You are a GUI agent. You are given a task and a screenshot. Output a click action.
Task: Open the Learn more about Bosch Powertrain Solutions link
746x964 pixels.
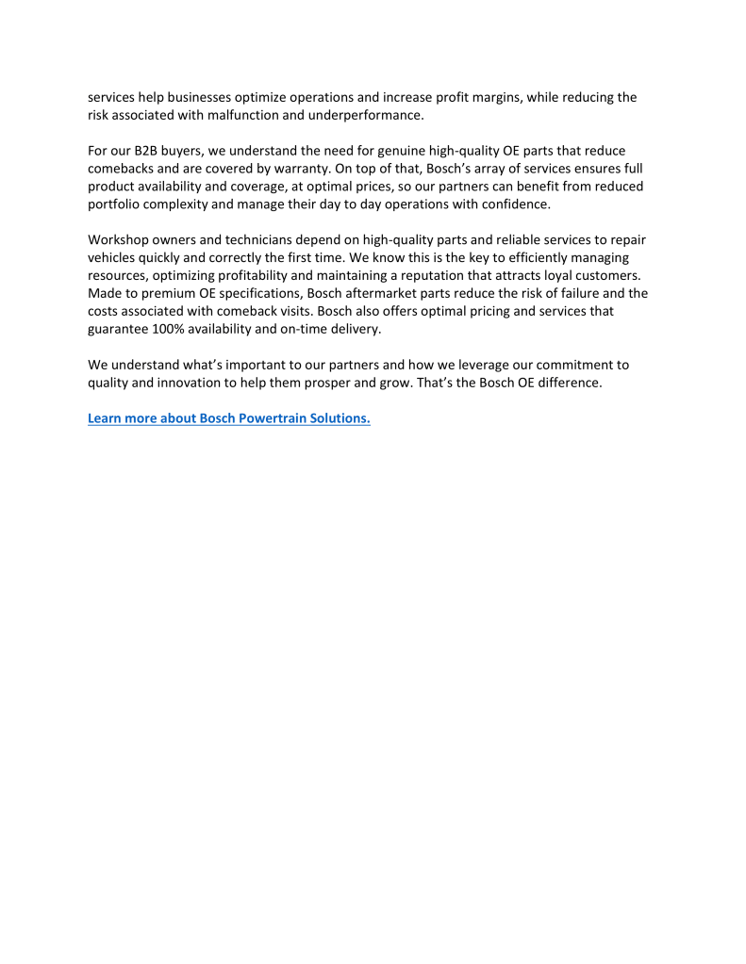[228, 418]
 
